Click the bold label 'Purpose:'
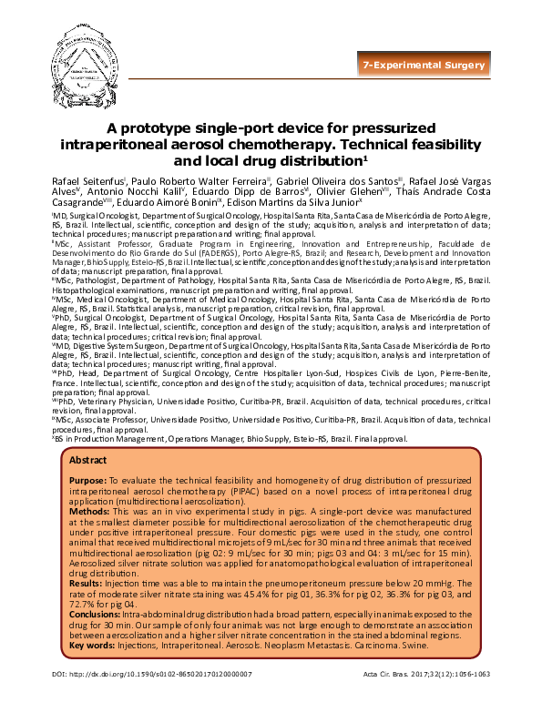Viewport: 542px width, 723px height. point(88,479)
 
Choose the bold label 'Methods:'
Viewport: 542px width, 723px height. point(90,513)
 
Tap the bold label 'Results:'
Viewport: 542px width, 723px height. point(88,572)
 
